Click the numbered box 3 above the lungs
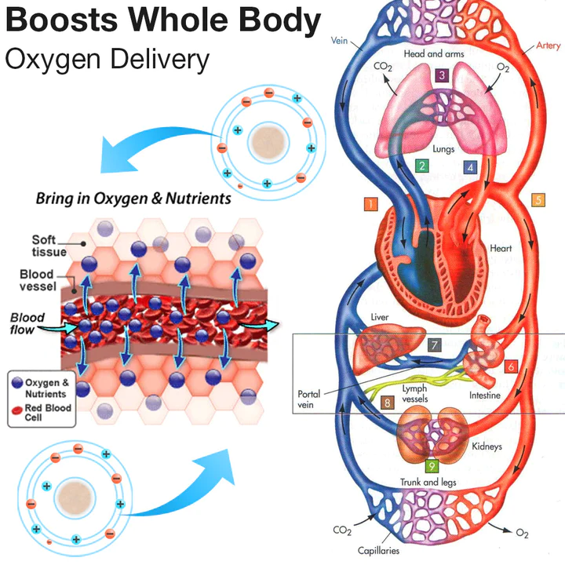tap(442, 75)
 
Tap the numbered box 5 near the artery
tap(538, 199)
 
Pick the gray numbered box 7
tap(436, 345)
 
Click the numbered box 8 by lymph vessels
tap(387, 403)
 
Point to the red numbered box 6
tap(511, 366)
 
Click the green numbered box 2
tap(422, 166)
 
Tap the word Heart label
tap(501, 249)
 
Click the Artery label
tap(546, 46)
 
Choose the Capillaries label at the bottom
tap(379, 552)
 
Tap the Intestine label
tap(485, 395)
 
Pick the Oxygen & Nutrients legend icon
tap(17, 385)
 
